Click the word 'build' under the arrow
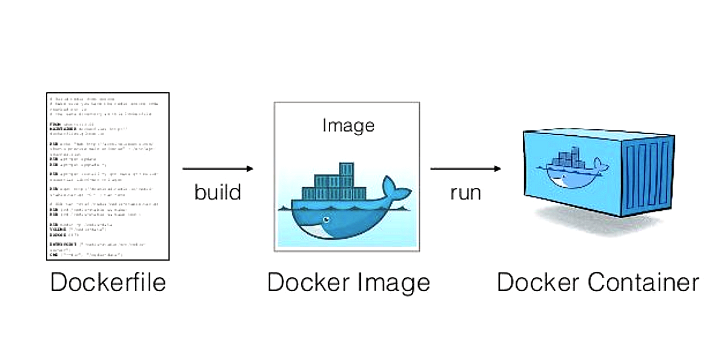tap(217, 192)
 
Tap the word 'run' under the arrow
tap(465, 193)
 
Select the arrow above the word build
tap(217, 169)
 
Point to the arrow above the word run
tap(465, 168)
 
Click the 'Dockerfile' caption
tap(108, 282)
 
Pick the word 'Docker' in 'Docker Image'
tap(307, 282)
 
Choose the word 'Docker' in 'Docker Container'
tap(536, 282)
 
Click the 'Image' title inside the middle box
tap(348, 125)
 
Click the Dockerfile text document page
tap(108, 176)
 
